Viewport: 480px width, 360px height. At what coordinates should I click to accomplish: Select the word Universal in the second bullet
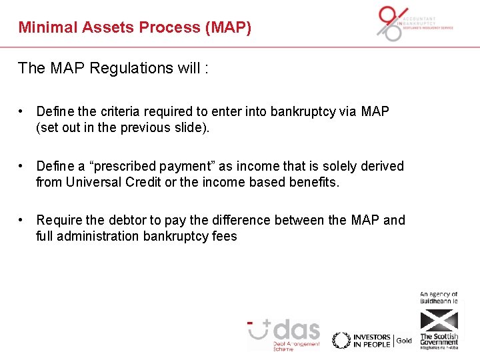point(95,182)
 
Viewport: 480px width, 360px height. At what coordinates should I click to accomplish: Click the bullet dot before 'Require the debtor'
point(23,220)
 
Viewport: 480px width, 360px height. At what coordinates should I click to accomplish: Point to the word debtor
point(127,220)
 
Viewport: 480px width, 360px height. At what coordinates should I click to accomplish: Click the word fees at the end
point(223,236)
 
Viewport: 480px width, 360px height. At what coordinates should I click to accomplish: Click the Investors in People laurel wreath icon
point(341,340)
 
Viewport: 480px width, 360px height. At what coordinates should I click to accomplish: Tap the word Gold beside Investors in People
point(404,341)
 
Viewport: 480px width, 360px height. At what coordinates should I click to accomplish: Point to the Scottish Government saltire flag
point(439,321)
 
